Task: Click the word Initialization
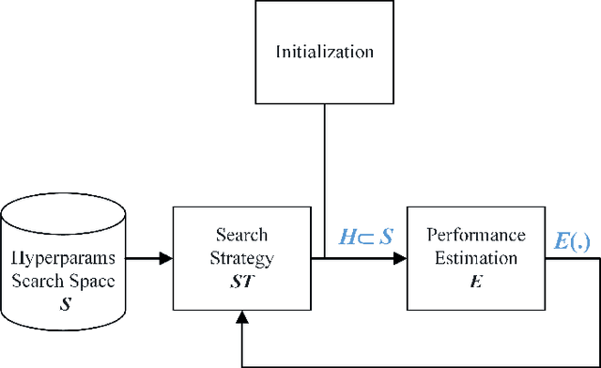click(324, 52)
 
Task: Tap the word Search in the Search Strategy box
click(241, 234)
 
